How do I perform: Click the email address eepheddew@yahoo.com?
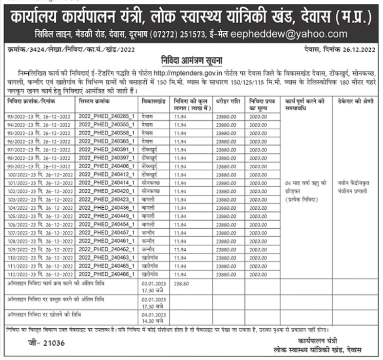point(296,34)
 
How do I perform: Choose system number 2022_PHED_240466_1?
point(106,275)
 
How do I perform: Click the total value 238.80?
point(182,283)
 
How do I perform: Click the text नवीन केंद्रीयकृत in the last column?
point(354,183)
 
